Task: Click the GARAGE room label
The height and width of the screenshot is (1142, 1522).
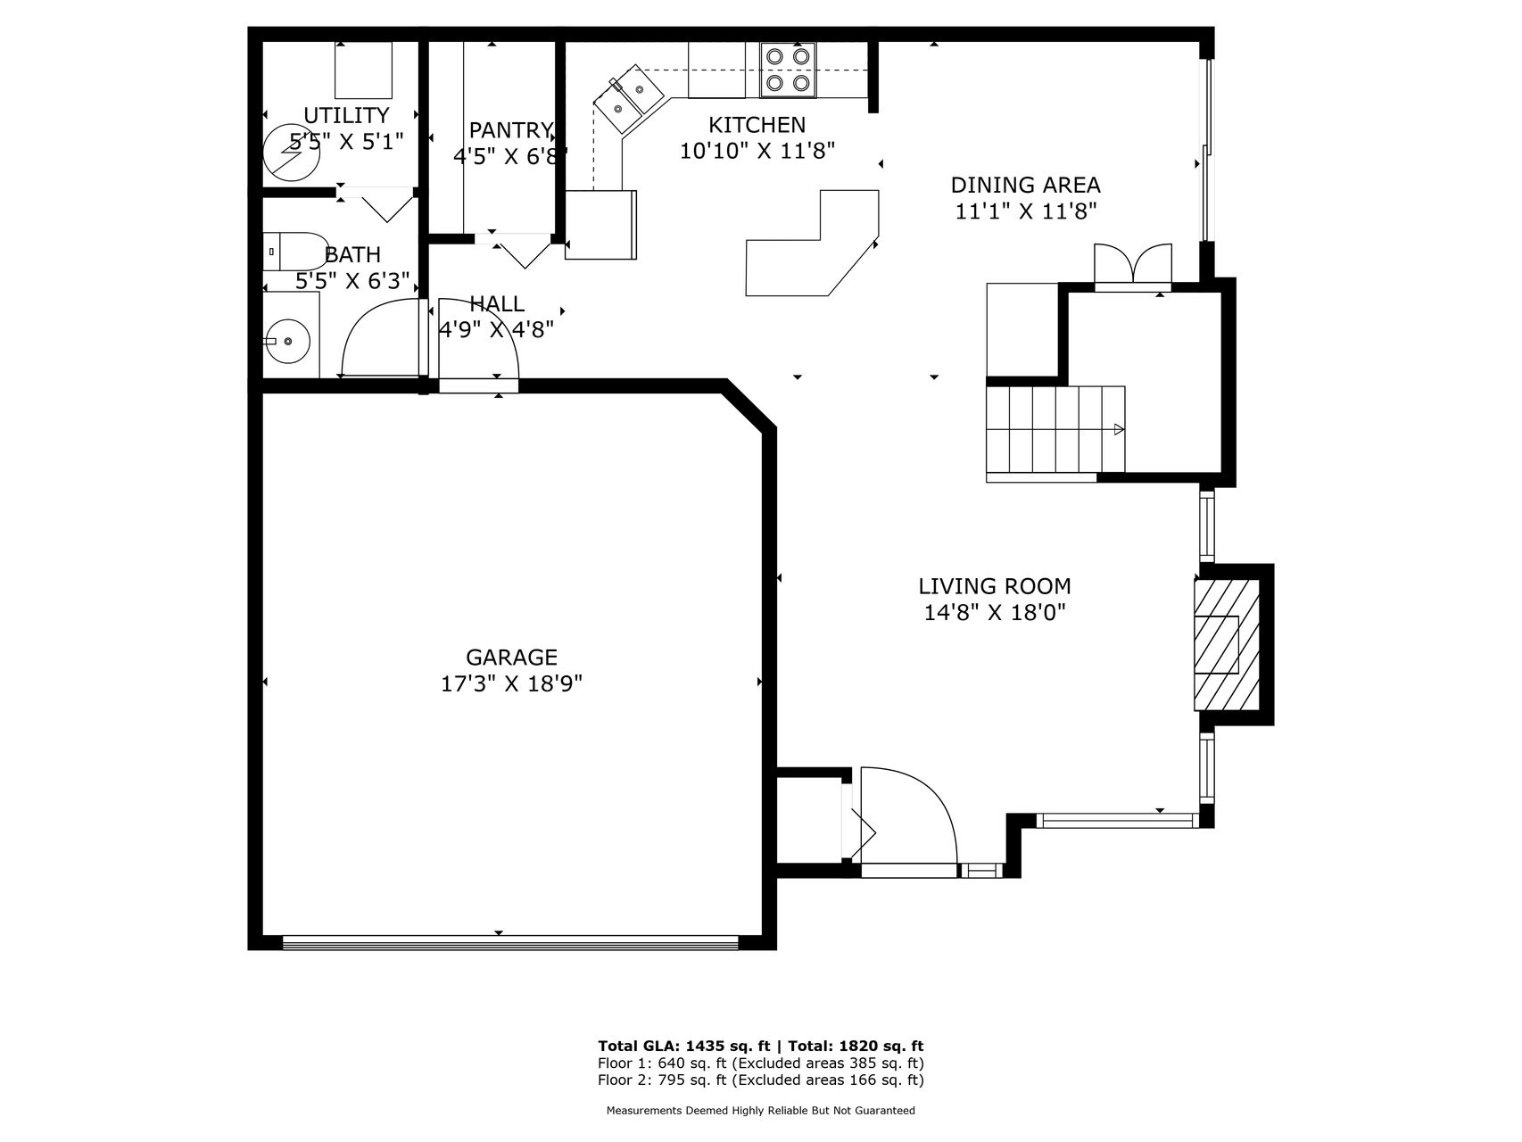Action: (x=511, y=658)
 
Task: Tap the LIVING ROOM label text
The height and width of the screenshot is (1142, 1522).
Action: (x=995, y=586)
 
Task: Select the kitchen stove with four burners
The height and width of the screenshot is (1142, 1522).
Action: (x=788, y=70)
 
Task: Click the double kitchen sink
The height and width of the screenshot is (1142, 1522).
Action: (x=628, y=99)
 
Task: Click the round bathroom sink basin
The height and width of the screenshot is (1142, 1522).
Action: (x=288, y=341)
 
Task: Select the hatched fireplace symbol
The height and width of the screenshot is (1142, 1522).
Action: (x=1227, y=644)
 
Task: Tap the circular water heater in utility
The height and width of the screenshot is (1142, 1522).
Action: (x=292, y=150)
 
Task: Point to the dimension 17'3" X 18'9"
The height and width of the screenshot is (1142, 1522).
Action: (x=511, y=684)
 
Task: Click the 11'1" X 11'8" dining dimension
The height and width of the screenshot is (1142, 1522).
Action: (x=1025, y=211)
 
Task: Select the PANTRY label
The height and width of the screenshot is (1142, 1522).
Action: (x=511, y=130)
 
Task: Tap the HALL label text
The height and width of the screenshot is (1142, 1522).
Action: (x=497, y=303)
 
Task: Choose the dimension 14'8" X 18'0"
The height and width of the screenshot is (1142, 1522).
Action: (x=995, y=613)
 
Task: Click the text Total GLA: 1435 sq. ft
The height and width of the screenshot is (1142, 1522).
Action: (x=684, y=1046)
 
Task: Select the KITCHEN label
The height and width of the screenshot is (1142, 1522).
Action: (x=757, y=125)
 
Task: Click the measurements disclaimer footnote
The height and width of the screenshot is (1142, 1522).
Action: (x=761, y=1111)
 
